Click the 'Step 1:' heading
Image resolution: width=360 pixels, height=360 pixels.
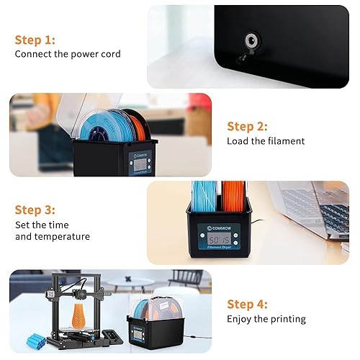(x=35, y=40)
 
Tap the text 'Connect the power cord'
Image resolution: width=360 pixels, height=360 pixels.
(x=68, y=54)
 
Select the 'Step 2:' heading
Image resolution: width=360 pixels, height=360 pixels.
(x=247, y=127)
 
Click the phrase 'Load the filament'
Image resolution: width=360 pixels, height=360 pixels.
(x=266, y=141)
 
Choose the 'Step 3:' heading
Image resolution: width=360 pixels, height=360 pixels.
(x=35, y=210)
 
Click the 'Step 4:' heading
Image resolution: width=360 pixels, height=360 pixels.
(x=247, y=304)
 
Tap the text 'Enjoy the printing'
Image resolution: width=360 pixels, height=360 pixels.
(x=266, y=318)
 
